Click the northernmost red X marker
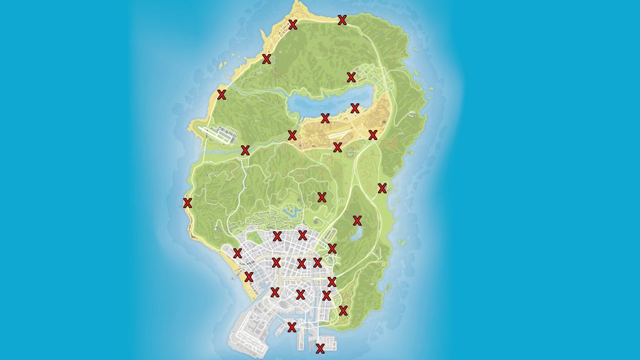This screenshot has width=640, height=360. (x=342, y=20)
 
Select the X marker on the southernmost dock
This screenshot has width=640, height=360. (x=321, y=347)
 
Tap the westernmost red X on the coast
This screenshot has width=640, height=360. (x=187, y=202)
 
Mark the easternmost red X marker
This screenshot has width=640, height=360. (x=382, y=187)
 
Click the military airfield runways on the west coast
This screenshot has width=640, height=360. (x=216, y=133)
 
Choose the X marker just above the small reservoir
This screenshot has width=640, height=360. (x=357, y=220)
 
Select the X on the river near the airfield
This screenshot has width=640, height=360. (x=245, y=150)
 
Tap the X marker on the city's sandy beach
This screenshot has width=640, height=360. (x=249, y=276)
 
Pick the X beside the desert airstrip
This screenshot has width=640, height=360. (x=337, y=147)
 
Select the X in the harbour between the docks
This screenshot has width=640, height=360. (x=291, y=327)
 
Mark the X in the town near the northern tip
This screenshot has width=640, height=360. (x=292, y=24)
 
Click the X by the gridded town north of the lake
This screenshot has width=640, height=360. (x=351, y=77)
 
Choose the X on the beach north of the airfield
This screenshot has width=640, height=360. (x=221, y=94)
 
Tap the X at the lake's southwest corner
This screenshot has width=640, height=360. (x=292, y=135)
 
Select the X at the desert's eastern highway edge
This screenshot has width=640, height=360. (x=373, y=134)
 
